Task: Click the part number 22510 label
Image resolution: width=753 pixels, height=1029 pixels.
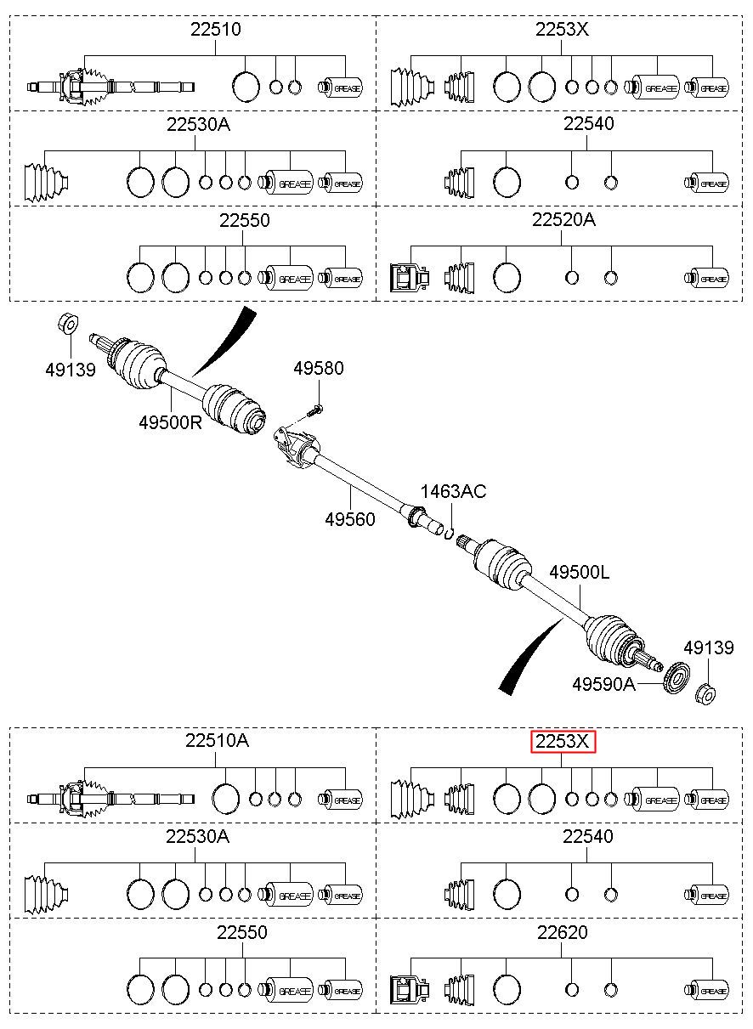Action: pos(216,30)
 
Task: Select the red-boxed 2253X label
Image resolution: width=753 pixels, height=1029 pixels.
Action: pos(563,741)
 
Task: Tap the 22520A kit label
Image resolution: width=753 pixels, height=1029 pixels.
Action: pos(563,219)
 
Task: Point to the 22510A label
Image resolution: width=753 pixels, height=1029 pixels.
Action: pos(217,740)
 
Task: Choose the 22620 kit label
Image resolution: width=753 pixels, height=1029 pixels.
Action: pos(563,932)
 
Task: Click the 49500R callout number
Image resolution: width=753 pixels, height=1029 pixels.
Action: pos(171,422)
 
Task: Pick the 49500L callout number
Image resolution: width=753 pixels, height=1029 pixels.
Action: pos(580,572)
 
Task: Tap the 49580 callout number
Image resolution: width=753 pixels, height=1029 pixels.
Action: pos(319,368)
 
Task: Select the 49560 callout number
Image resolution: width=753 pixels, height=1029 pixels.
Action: pos(350,519)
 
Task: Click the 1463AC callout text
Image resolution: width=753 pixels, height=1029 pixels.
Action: pos(453,491)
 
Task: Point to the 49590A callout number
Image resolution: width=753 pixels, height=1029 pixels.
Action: pos(603,685)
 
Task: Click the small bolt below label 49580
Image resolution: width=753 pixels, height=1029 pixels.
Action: pos(314,410)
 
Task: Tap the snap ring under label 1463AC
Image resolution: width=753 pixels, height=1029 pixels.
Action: pos(450,533)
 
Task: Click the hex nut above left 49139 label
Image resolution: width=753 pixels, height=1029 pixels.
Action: pos(68,325)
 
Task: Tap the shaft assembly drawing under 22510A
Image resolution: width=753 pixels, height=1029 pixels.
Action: pos(110,800)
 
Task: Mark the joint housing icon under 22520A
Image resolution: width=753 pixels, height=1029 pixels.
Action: pos(410,277)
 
